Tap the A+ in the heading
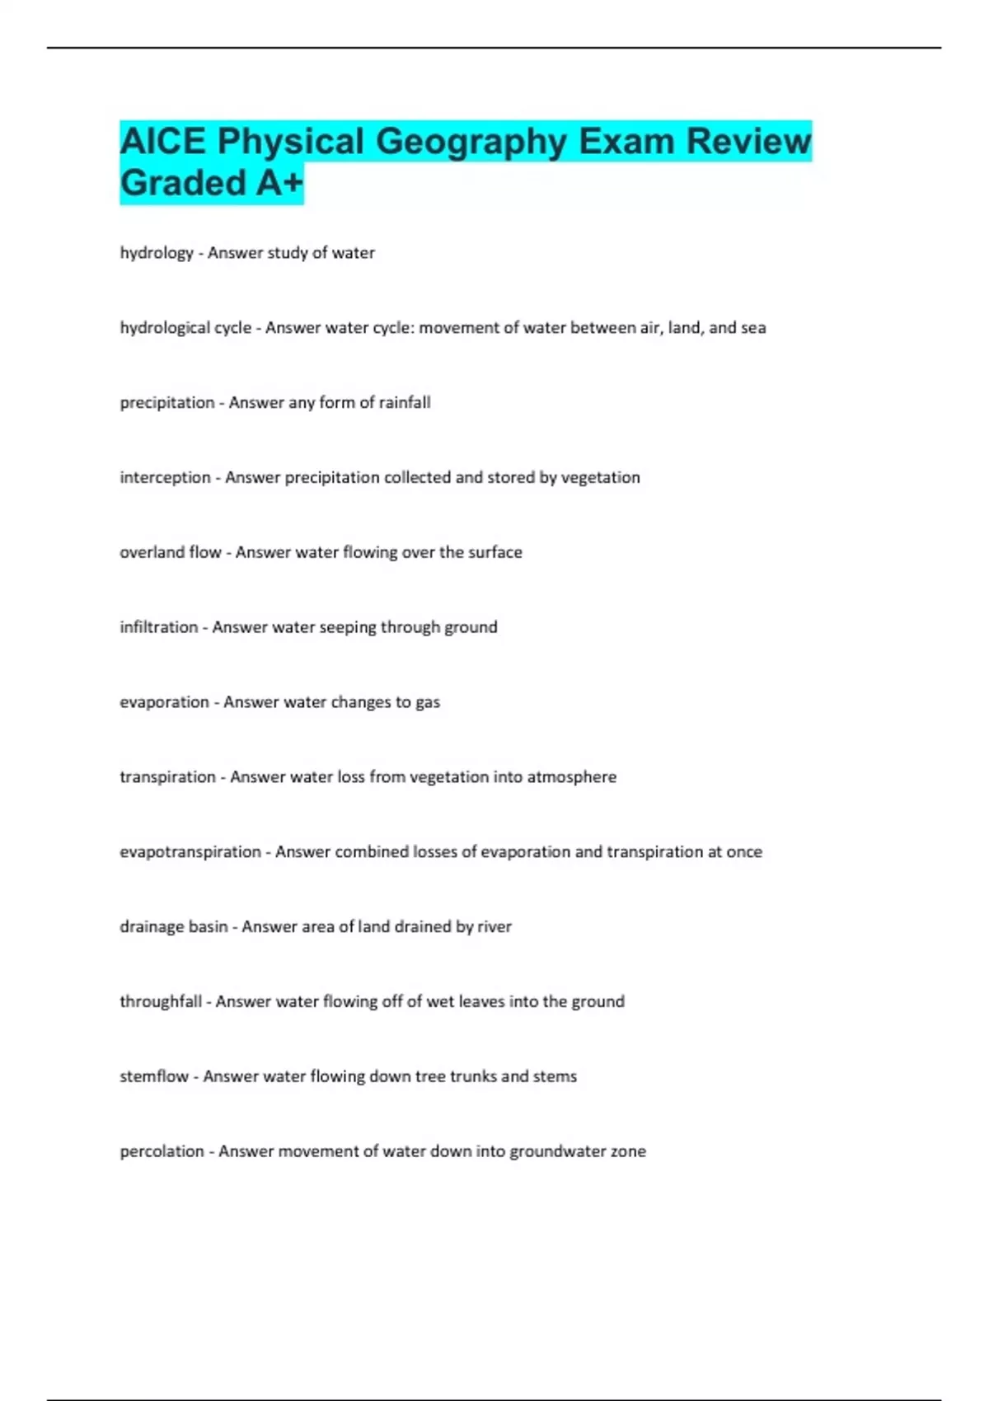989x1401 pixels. [279, 183]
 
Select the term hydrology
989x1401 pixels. [157, 253]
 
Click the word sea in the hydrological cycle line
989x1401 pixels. [753, 328]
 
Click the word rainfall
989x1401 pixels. [405, 403]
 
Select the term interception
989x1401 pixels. [165, 478]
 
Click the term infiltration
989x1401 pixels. [159, 627]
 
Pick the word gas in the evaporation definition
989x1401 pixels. [428, 702]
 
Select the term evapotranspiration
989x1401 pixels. [190, 852]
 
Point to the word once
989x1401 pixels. [744, 852]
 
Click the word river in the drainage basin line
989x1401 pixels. [494, 927]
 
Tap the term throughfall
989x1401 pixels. [161, 1002]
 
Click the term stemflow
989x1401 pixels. [154, 1077]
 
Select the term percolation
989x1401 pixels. [162, 1152]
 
